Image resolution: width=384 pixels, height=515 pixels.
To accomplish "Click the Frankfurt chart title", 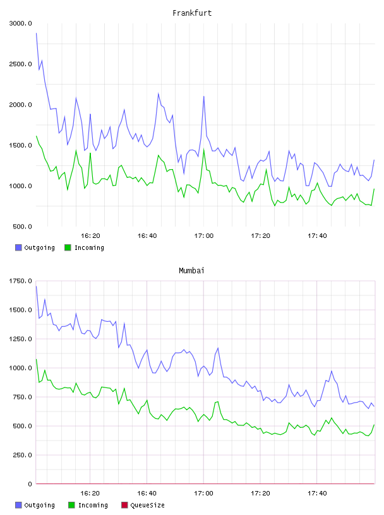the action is pos(192,13).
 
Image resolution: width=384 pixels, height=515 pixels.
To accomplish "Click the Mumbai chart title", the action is pos(191,271).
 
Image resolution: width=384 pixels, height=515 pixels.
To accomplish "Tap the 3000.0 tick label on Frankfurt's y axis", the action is pos(21,23).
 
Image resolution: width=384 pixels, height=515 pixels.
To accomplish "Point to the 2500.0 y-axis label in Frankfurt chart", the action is pos(21,64).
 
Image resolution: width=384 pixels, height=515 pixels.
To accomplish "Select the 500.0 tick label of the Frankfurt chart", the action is pos(22,227).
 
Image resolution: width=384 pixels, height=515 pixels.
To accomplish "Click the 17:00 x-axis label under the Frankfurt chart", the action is pos(204,236).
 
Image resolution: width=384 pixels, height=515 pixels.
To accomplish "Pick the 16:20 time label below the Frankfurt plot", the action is pos(90,236).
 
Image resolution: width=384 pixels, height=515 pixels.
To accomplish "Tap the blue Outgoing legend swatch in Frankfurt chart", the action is pos(18,247).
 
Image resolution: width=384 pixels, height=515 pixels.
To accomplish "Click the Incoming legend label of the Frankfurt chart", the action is pos(89,248).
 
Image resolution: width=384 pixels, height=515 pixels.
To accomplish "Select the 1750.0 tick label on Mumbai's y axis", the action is pos(21,281).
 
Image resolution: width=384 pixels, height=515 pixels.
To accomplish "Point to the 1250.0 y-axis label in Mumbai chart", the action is pos(21,339).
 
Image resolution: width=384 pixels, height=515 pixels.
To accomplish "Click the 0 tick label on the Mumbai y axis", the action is pos(30,484).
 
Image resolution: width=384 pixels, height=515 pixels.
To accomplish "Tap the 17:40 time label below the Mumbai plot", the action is pos(317,494).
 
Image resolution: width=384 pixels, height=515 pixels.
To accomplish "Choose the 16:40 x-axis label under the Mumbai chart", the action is pos(147,494).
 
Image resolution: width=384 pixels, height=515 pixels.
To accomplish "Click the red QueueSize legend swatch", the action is pos(124,505).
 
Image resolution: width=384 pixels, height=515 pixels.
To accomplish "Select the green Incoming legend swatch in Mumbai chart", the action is pos(71,505).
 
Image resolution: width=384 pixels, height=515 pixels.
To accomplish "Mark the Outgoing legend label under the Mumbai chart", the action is pos(39,506).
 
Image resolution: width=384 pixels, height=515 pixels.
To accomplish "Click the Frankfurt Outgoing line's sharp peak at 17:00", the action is pos(204,96).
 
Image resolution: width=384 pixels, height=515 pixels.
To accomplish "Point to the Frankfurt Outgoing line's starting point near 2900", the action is pos(36,33).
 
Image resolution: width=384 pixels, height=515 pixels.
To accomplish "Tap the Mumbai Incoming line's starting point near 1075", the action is pos(36,359).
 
